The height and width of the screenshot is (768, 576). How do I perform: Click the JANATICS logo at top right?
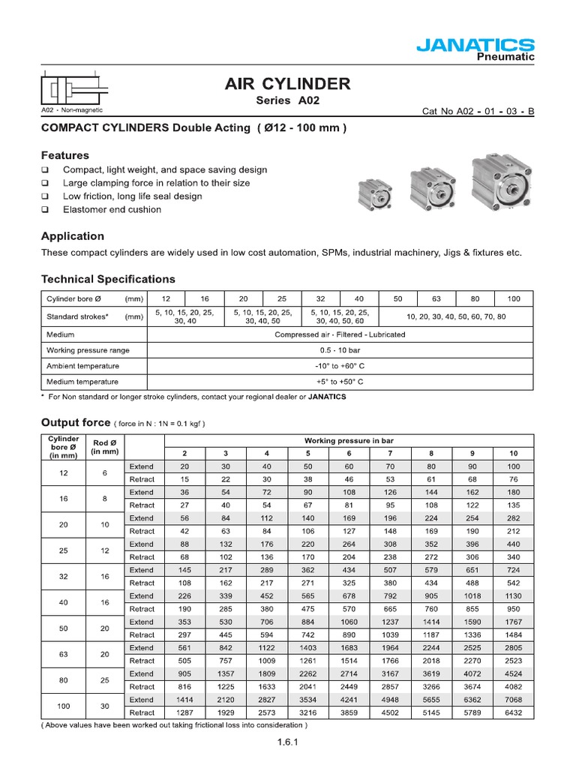coord(475,46)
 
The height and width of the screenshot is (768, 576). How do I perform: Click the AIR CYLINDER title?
coord(287,84)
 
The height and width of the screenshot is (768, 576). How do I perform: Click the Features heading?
coord(64,155)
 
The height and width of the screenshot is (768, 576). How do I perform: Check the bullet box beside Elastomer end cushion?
coord(45,210)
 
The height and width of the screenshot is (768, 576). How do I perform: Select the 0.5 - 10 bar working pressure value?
coord(340,350)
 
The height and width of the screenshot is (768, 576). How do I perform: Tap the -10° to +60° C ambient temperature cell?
coord(340,366)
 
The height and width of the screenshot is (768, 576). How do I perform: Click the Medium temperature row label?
coord(76,381)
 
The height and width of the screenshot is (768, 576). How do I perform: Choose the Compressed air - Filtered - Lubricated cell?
coord(340,334)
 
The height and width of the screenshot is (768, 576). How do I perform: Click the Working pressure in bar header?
coord(349,440)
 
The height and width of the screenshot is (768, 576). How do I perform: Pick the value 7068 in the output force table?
coord(513,700)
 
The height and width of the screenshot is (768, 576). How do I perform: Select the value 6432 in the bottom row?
coord(513,712)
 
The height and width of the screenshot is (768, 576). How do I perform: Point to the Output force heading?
coord(75,422)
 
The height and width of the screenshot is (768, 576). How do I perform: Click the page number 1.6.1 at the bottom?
coord(287,743)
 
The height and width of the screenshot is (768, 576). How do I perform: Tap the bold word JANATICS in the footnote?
coord(327,397)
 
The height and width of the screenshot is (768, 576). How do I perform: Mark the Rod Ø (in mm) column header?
coord(104,446)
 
